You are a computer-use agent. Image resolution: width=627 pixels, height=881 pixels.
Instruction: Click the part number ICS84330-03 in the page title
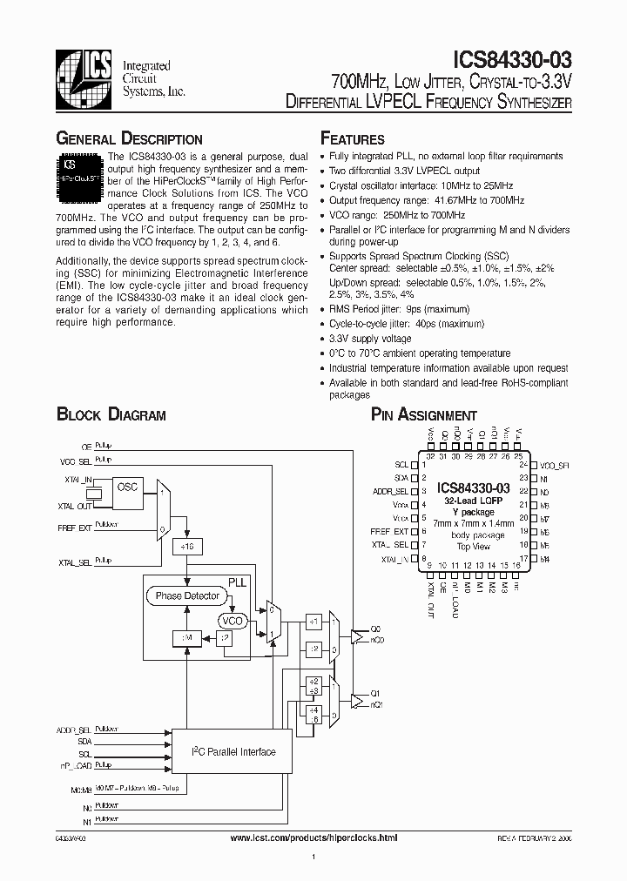click(514, 60)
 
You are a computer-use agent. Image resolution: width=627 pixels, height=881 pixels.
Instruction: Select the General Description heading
click(129, 139)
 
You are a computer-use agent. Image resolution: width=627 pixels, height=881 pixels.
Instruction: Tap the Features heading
click(352, 139)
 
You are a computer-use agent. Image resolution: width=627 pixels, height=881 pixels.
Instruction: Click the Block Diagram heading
click(111, 414)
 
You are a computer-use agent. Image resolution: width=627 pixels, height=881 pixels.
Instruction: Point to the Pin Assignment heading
click(424, 415)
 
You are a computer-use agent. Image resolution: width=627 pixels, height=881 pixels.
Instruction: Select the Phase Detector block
click(188, 596)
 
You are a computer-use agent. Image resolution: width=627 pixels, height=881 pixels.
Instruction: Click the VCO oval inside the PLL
click(233, 621)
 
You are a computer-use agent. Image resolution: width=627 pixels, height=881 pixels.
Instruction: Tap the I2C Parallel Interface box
click(233, 752)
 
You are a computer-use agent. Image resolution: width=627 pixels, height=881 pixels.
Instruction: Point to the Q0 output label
click(375, 627)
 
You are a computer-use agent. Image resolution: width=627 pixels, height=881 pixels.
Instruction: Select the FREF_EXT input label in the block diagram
click(75, 527)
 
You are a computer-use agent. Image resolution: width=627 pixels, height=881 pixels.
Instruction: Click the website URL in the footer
click(313, 837)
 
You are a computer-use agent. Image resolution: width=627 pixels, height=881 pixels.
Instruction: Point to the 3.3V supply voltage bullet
click(370, 339)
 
